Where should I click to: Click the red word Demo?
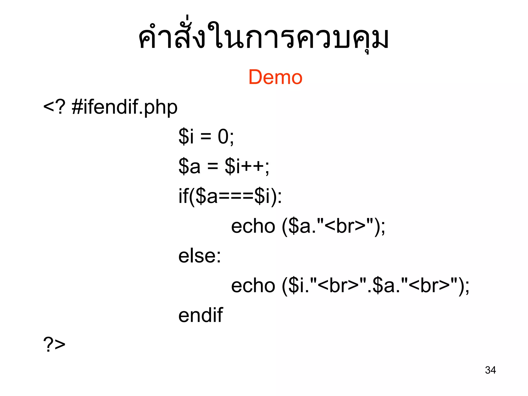click(275, 77)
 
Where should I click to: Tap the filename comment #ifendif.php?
click(125, 107)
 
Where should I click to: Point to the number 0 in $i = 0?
click(223, 136)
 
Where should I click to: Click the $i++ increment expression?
click(247, 166)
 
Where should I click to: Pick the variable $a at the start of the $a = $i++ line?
click(189, 166)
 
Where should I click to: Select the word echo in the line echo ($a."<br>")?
click(253, 226)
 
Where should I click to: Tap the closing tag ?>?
click(54, 344)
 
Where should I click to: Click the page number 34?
click(490, 370)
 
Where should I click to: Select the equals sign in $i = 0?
click(206, 136)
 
